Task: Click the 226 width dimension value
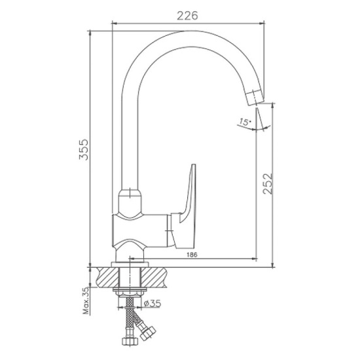point(187,16)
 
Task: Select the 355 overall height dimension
point(84,149)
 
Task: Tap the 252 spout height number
point(268,184)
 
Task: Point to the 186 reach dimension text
point(192,255)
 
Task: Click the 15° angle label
point(245,122)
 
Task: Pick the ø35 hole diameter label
point(153,304)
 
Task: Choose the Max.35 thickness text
point(86,301)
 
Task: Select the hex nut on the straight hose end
point(130,341)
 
